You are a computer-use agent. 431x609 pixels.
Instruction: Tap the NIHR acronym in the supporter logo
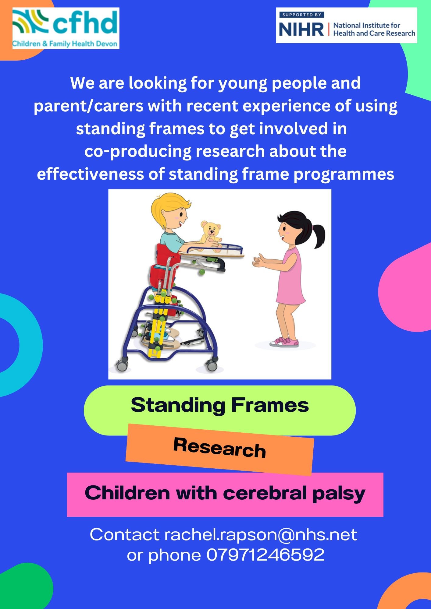(x=301, y=30)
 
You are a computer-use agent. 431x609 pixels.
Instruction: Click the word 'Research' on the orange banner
(x=219, y=447)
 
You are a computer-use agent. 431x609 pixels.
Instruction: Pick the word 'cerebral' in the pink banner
(x=265, y=493)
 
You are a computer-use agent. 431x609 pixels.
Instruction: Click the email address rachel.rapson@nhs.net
(x=261, y=535)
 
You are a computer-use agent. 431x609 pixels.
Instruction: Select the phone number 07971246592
(x=265, y=555)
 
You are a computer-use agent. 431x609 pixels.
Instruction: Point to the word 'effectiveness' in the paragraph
(x=101, y=174)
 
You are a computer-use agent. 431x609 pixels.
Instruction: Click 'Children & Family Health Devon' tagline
(x=65, y=44)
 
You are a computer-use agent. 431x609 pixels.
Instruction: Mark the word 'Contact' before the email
(x=125, y=535)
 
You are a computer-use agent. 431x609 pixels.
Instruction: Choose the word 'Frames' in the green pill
(x=270, y=405)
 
